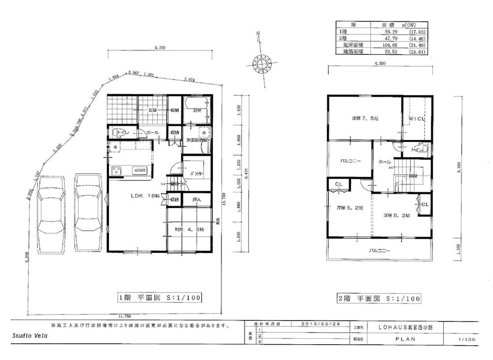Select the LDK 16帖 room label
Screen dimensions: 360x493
click(x=145, y=196)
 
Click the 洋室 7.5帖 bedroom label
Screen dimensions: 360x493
click(x=365, y=119)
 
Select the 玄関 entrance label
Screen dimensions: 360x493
click(x=152, y=111)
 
